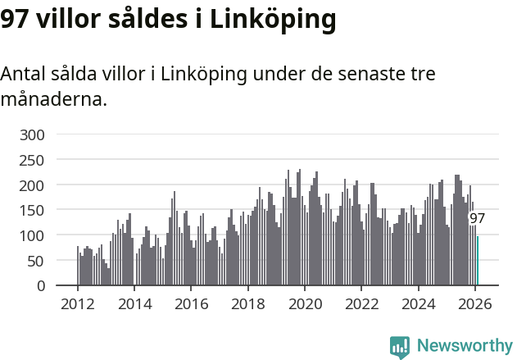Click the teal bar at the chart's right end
(478, 261)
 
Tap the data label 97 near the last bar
(477, 219)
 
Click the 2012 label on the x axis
(78, 303)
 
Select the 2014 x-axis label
(134, 303)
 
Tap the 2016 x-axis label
(191, 303)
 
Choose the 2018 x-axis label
(247, 303)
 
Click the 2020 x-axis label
(305, 303)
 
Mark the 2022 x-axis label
(361, 303)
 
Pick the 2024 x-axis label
(418, 303)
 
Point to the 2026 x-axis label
(475, 303)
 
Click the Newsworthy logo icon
(400, 347)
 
